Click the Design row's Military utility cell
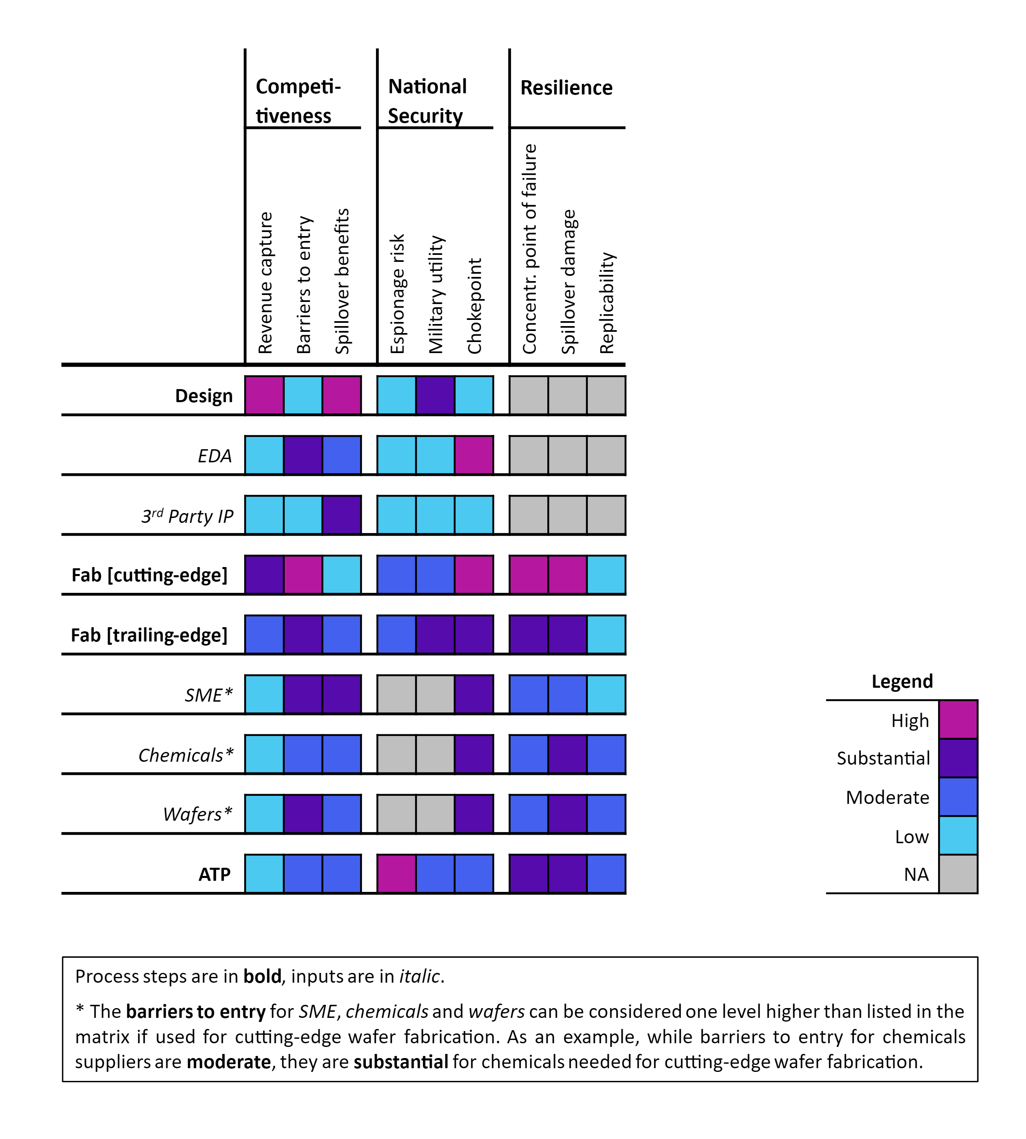[435, 395]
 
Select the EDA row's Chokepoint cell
[474, 455]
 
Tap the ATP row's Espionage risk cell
[396, 873]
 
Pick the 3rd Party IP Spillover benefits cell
[342, 515]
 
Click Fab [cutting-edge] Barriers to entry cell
[303, 574]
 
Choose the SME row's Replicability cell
[606, 694]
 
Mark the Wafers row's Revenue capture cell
[264, 814]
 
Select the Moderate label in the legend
[887, 797]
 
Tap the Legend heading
[902, 681]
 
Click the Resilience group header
[566, 88]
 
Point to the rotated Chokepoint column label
[475, 306]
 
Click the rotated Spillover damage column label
[569, 281]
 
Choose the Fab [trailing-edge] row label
[149, 635]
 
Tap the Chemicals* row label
[185, 755]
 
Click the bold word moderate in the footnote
[228, 1062]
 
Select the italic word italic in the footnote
[419, 976]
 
